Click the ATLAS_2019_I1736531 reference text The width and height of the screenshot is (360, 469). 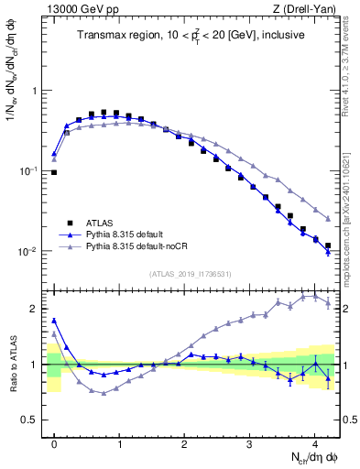pyautogui.click(x=190, y=274)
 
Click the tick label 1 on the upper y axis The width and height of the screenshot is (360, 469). pyautogui.click(x=36, y=91)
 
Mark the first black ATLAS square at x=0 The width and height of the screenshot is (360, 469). pyautogui.click(x=54, y=172)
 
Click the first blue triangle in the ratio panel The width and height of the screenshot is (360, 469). pyautogui.click(x=54, y=321)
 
